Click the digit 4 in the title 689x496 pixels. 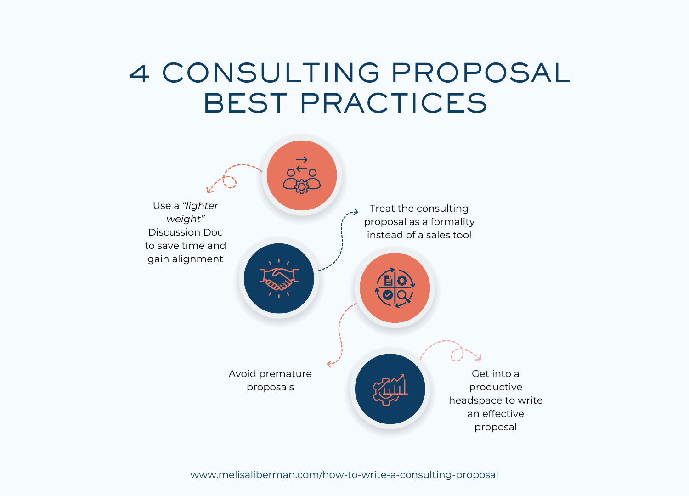pos(140,73)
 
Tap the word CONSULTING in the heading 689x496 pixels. pos(271,73)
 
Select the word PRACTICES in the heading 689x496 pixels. pos(393,103)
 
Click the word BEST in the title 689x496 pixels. pos(246,103)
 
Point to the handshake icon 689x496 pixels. pos(279,278)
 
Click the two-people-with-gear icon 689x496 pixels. pos(302,175)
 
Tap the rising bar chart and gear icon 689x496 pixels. pos(390,389)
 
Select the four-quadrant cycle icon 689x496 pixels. pos(395,287)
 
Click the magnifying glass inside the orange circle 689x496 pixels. pos(403,296)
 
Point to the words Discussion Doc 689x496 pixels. pos(185,232)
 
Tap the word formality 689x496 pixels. pos(452,222)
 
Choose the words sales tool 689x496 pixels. pos(449,235)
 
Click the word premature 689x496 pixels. pos(285,374)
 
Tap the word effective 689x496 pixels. pos(503,414)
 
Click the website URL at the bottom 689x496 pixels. pos(344,475)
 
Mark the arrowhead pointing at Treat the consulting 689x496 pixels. pos(356,212)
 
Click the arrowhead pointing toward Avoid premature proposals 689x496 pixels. pos(329,364)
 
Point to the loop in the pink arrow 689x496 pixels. pos(457,355)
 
